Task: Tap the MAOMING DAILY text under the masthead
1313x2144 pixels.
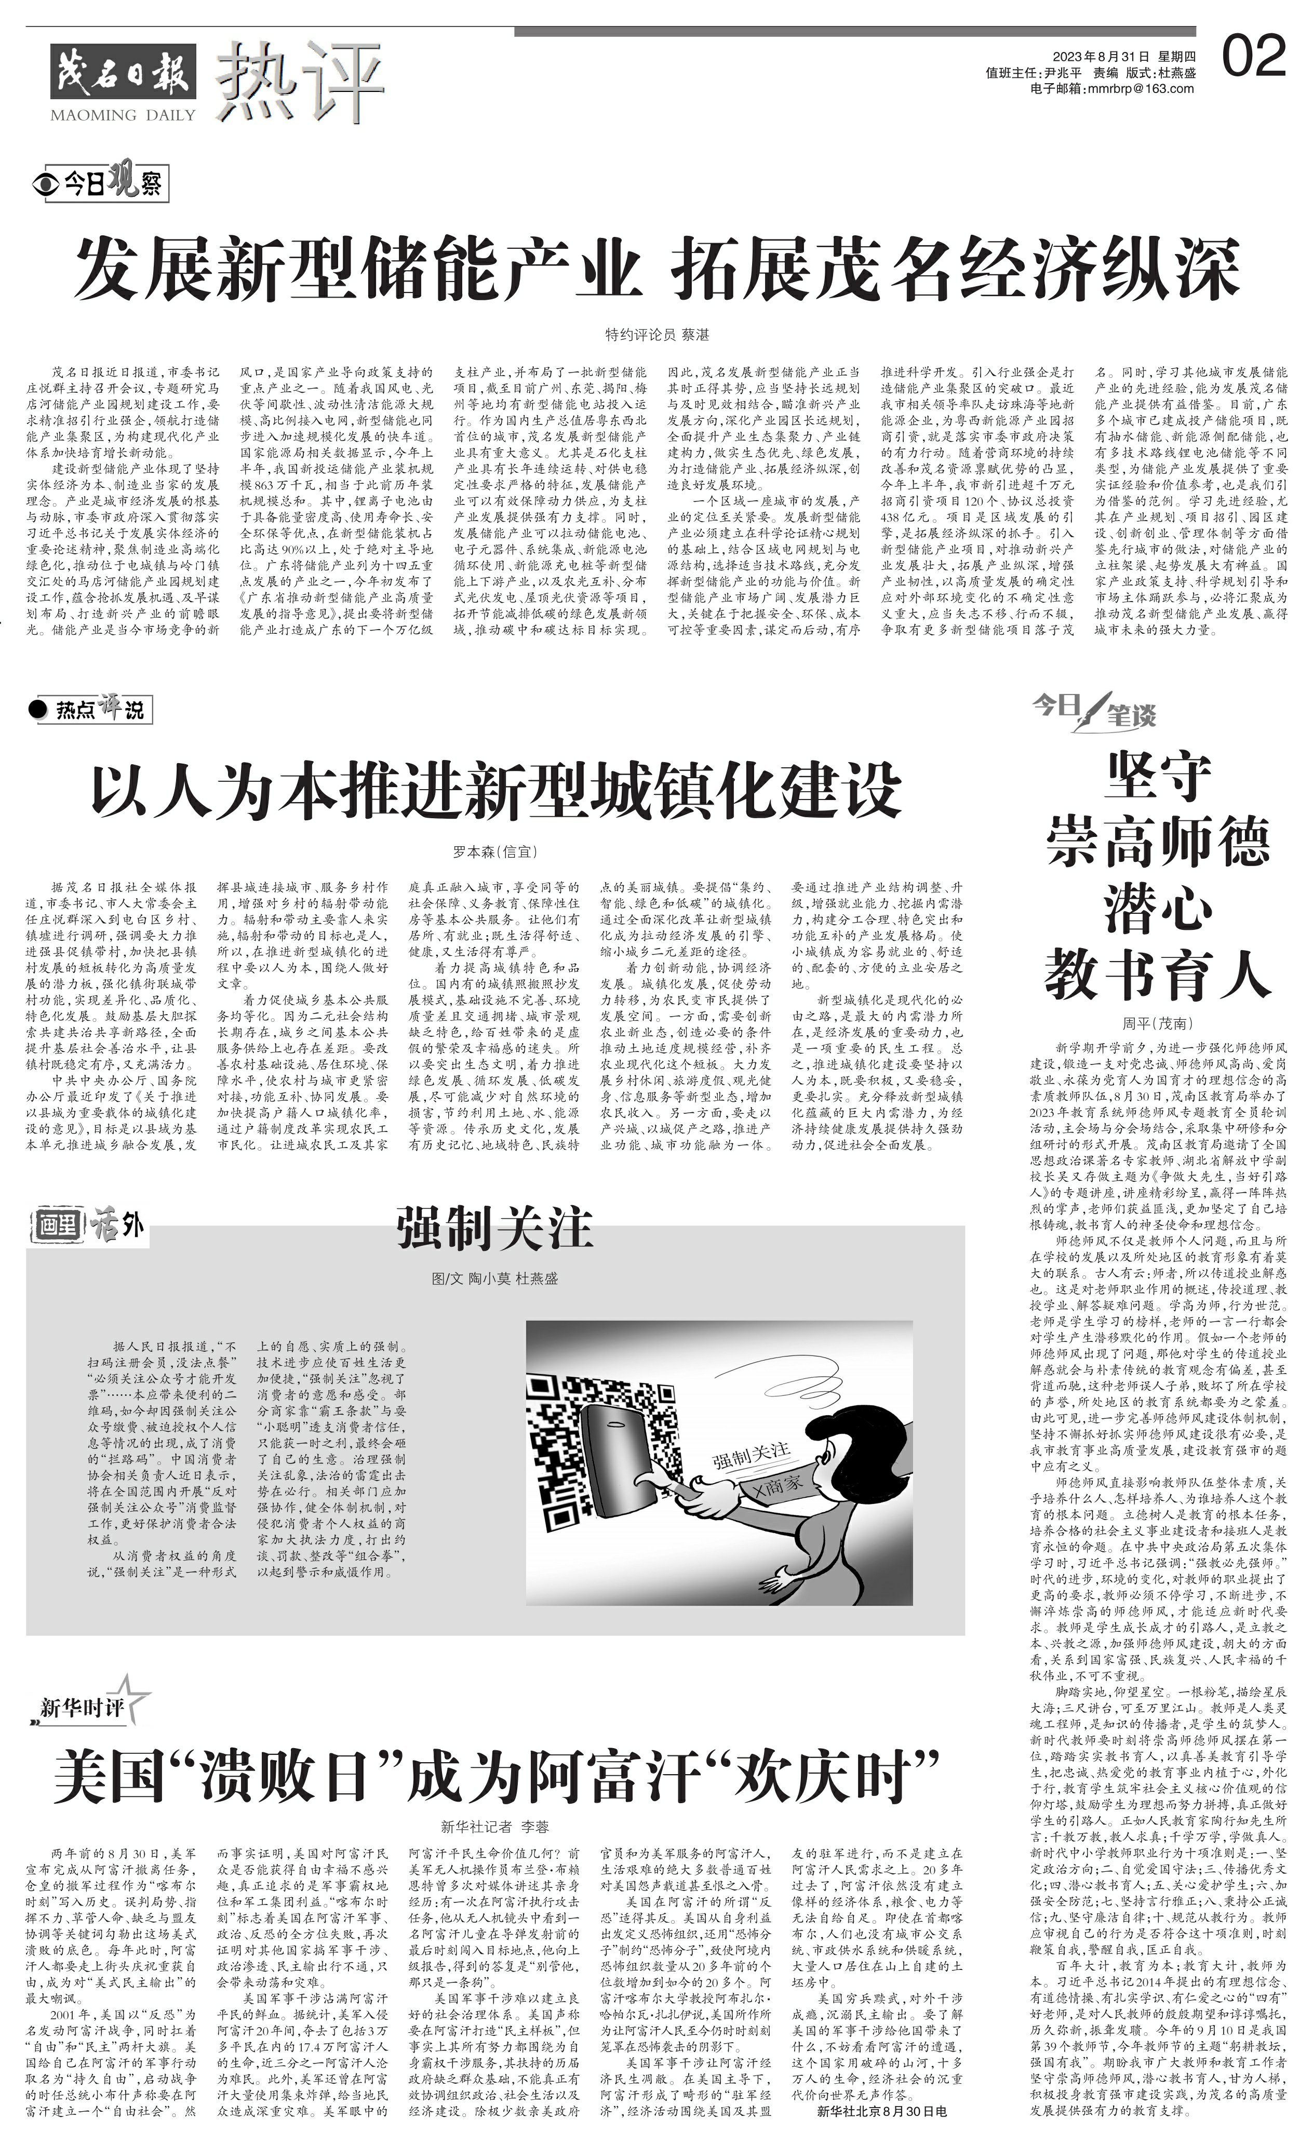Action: (x=123, y=115)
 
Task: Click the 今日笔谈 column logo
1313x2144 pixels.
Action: (x=1095, y=709)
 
